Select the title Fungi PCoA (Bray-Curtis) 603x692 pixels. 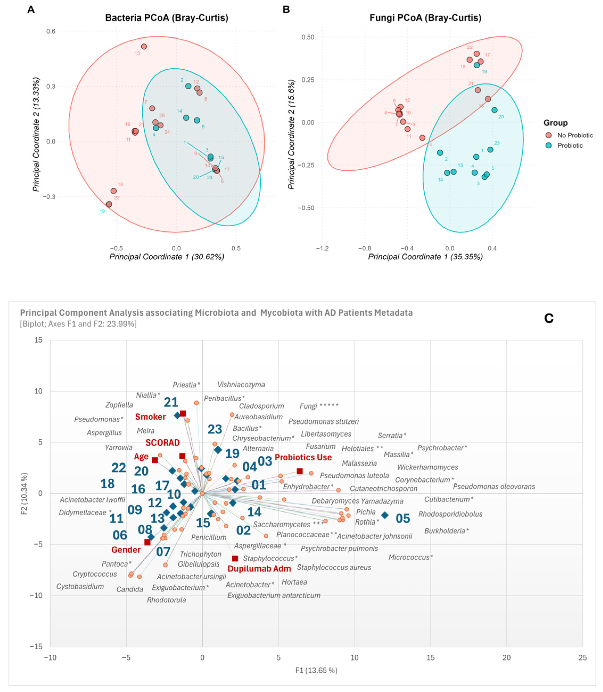tap(425, 18)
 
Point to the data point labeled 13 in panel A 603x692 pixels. tap(144, 46)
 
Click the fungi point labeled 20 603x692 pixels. tap(494, 110)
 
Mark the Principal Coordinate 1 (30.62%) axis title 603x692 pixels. tap(167, 257)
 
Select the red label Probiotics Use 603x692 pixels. tap(303, 457)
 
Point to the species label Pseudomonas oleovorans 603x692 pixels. tap(494, 486)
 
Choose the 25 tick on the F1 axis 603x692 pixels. tap(583, 657)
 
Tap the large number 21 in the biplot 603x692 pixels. tap(171, 402)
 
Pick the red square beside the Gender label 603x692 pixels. tap(147, 542)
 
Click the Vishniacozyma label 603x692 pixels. tap(241, 384)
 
